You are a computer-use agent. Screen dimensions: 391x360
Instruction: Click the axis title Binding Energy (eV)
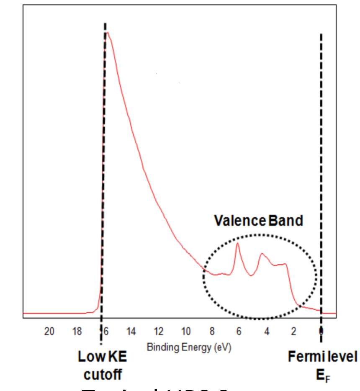tap(189, 347)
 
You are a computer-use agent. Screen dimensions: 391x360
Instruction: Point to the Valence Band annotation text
tap(258, 221)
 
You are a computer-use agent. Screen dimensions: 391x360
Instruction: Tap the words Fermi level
tap(322, 357)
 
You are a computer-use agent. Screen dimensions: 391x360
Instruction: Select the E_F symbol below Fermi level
tap(322, 374)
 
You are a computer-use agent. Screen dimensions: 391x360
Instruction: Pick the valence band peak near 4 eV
tap(262, 254)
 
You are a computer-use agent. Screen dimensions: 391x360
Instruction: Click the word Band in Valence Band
tap(285, 221)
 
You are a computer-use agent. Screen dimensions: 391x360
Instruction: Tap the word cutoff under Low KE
tap(103, 374)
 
